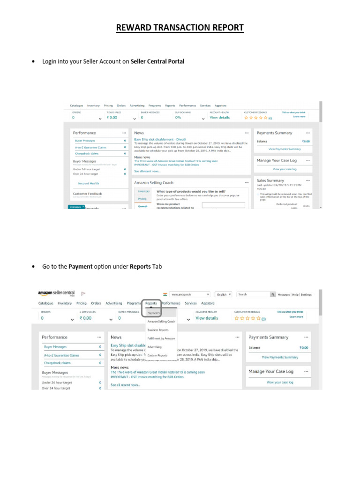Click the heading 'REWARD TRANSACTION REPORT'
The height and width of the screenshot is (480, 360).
[x=180, y=28]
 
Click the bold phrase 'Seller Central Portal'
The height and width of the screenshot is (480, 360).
[x=157, y=61]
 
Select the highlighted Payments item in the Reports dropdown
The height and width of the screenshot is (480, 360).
[x=153, y=313]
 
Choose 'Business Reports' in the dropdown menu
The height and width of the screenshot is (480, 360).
[x=157, y=330]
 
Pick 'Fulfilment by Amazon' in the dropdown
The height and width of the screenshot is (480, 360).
[x=161, y=338]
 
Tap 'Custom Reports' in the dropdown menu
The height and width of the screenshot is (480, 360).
[x=157, y=356]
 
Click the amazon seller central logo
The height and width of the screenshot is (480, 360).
[x=57, y=293]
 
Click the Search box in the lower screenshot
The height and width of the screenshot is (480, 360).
[x=253, y=294]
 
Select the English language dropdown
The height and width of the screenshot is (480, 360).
[x=224, y=294]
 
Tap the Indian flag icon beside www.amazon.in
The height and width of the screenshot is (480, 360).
[x=165, y=294]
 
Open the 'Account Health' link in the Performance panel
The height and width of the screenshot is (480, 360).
[x=88, y=183]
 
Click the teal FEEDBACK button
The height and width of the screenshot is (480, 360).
[x=76, y=207]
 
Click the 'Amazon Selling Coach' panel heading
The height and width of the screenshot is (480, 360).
[x=154, y=182]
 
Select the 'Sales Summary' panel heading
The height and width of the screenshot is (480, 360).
[x=270, y=180]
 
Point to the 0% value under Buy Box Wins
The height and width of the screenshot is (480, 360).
[x=178, y=118]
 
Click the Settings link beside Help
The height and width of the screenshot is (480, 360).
[x=306, y=294]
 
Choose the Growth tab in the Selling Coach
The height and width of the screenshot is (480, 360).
[x=143, y=206]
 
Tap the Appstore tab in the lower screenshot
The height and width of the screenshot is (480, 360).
[x=208, y=303]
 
